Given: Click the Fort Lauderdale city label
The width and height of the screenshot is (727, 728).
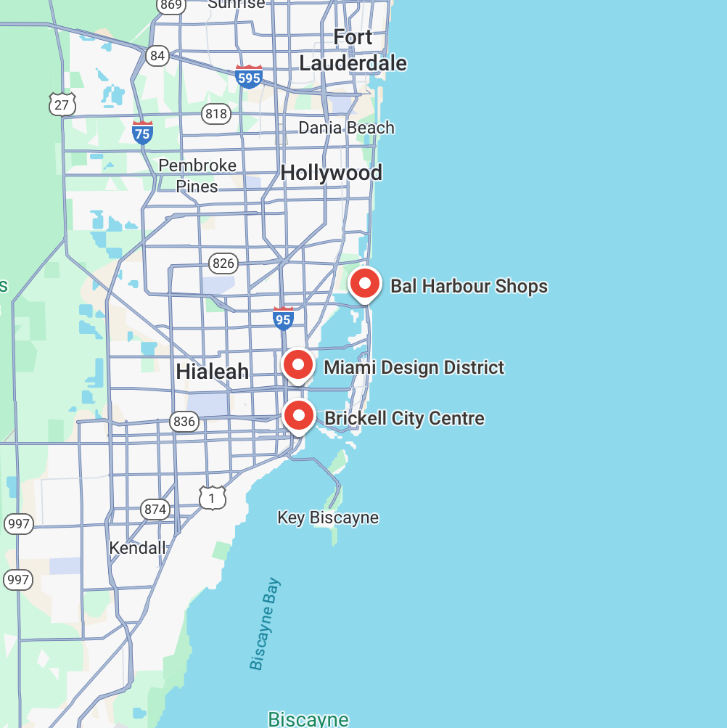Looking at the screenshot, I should [x=353, y=50].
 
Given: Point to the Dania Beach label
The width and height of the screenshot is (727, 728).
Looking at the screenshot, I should [x=346, y=128].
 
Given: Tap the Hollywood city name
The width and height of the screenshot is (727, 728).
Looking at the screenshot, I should [x=331, y=173].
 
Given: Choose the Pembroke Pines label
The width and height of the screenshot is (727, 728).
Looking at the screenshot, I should [x=197, y=176].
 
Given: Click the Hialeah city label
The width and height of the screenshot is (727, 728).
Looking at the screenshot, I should [x=212, y=372].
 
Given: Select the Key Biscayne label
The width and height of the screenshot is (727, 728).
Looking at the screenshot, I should [x=328, y=518].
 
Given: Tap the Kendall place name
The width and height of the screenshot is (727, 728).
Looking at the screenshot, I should [x=137, y=547].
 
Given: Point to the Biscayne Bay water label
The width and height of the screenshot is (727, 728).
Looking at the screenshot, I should [x=265, y=624].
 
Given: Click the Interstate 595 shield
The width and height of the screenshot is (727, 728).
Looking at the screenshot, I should [x=248, y=77].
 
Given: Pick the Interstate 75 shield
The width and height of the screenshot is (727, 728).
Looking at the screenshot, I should [x=142, y=132].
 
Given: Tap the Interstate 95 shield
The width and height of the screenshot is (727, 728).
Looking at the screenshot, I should [x=283, y=318].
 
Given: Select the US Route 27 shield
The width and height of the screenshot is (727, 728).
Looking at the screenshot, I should [x=62, y=105].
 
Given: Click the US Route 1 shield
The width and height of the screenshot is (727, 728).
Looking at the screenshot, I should [x=212, y=498].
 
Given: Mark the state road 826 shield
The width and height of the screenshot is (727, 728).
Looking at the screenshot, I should [x=223, y=263].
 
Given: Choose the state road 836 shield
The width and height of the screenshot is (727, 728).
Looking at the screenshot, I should [x=184, y=421].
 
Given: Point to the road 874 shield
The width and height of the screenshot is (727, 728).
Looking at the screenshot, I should [x=155, y=509].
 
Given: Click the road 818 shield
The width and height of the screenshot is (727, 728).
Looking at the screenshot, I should [x=216, y=113].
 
